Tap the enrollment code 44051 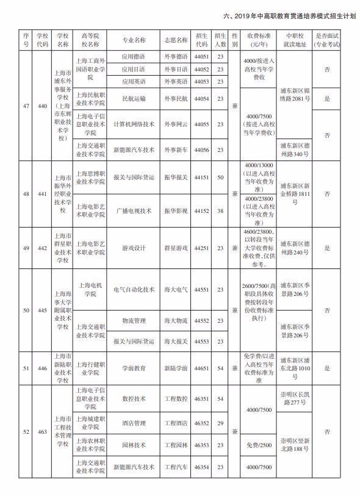point(202,57)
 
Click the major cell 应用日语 point(134,69)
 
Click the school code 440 point(42,107)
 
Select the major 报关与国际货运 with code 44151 point(134,178)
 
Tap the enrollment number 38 point(220,211)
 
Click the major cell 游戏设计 point(134,248)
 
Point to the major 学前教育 point(134,368)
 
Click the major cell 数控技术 point(134,398)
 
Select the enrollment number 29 point(220,423)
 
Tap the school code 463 point(42,432)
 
